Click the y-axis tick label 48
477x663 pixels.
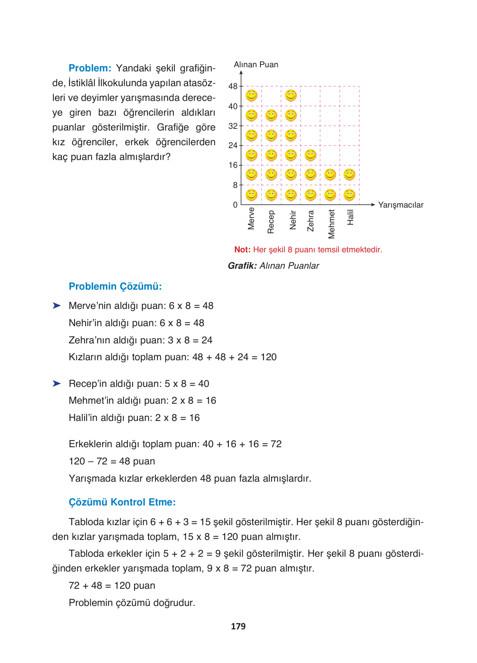(x=233, y=87)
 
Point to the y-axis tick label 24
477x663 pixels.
(x=233, y=146)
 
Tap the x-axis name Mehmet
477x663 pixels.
(x=331, y=224)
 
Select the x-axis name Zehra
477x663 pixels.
(x=310, y=221)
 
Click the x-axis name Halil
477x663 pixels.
(x=350, y=217)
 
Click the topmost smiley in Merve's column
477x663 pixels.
(x=251, y=96)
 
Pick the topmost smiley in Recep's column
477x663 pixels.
(x=271, y=116)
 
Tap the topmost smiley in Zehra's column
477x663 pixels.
(x=310, y=155)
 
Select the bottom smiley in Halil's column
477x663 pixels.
(x=349, y=195)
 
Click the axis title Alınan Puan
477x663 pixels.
(x=256, y=65)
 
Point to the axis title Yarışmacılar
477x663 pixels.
(x=400, y=205)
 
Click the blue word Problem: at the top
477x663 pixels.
(x=90, y=68)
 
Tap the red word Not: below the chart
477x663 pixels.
(x=242, y=250)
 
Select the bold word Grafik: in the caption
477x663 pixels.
(x=242, y=266)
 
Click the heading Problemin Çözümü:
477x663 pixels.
(x=115, y=286)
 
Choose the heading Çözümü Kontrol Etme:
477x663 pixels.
(x=122, y=502)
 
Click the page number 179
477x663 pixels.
(x=238, y=626)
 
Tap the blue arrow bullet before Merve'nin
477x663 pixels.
(x=57, y=306)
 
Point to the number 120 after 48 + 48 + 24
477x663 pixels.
(x=269, y=357)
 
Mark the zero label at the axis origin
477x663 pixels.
(x=235, y=205)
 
